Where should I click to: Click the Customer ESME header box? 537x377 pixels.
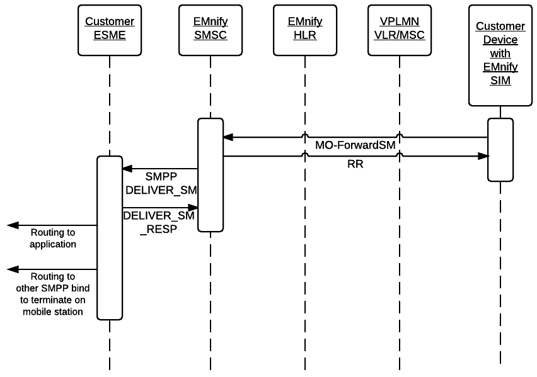pos(110,29)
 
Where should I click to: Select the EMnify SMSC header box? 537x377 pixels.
pos(211,29)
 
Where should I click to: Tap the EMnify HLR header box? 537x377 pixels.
pos(305,29)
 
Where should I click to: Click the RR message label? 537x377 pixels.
pos(356,165)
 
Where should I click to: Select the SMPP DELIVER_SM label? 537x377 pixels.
pos(161,183)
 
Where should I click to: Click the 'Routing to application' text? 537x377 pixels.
pos(53,238)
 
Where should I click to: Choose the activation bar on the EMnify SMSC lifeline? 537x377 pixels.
pos(211,175)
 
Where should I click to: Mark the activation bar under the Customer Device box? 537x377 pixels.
pos(500,150)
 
